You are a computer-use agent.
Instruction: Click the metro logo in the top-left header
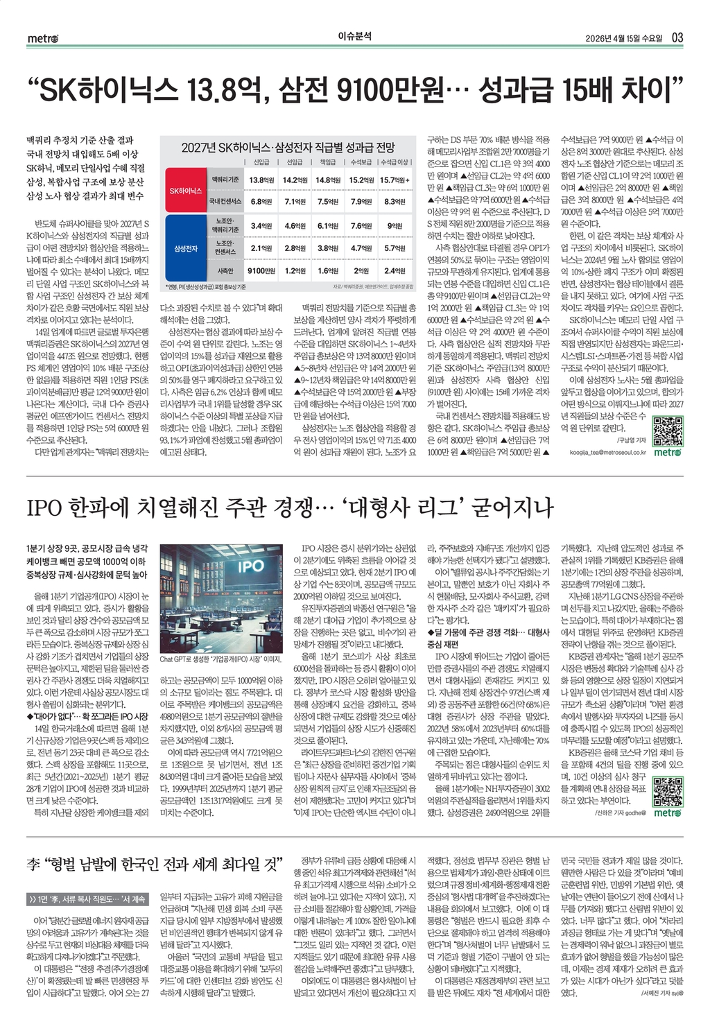point(43,38)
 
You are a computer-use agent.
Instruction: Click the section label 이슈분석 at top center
point(354,37)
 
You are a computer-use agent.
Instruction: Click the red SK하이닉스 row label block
point(186,191)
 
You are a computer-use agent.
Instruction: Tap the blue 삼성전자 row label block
point(186,248)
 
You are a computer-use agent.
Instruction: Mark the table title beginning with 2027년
point(288,147)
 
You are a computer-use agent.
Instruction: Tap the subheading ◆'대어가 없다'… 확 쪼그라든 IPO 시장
point(87,715)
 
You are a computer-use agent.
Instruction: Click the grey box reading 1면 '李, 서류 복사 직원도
point(87,899)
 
